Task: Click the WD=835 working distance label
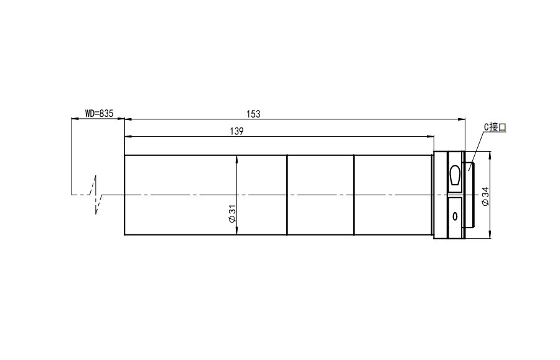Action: (x=99, y=113)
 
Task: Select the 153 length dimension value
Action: (x=253, y=114)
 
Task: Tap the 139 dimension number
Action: (x=236, y=131)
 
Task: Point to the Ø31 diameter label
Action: (x=232, y=214)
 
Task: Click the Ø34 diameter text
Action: (x=485, y=196)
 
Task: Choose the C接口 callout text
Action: (x=495, y=127)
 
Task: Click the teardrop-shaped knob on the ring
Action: (x=455, y=175)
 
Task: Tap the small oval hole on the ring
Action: (x=455, y=216)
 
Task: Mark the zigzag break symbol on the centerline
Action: (x=96, y=195)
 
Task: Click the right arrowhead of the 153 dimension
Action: (x=462, y=119)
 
